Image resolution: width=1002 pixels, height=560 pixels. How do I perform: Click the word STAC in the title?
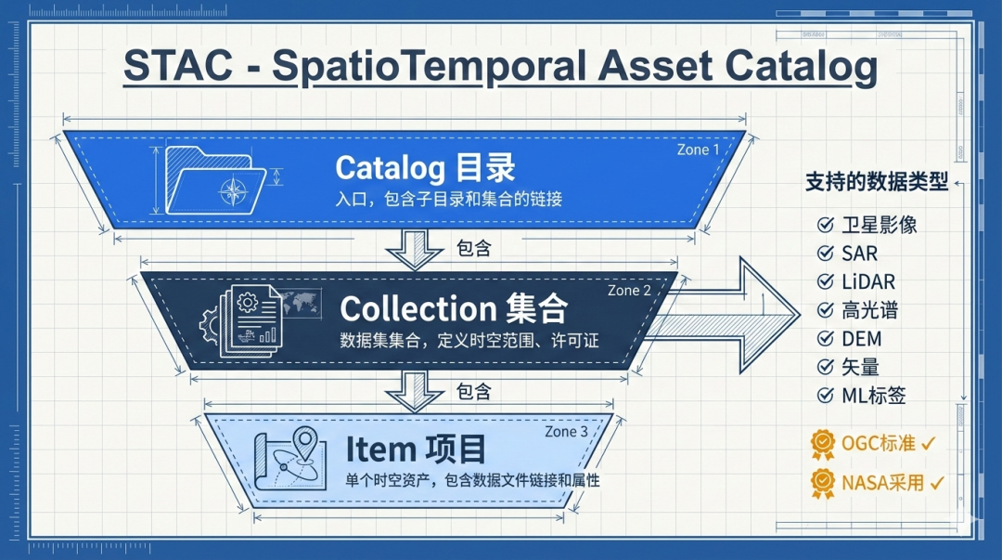178,66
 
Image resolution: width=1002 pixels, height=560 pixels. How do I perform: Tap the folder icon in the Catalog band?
216,180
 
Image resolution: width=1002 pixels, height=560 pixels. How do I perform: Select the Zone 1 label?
698,150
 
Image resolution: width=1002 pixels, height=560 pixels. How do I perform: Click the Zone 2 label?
629,291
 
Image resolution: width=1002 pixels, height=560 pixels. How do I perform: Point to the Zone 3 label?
566,431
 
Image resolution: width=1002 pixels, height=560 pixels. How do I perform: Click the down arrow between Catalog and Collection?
416,250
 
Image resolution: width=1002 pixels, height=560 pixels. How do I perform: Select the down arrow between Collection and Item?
416,392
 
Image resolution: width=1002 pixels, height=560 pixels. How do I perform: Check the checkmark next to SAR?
826,254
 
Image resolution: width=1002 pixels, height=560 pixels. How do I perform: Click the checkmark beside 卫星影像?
826,225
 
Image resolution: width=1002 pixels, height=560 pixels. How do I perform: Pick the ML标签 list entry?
861,396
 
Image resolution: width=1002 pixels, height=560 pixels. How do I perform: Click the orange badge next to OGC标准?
823,444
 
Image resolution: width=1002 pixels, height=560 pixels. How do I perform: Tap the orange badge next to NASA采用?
823,483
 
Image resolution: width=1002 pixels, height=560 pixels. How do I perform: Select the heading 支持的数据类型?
877,182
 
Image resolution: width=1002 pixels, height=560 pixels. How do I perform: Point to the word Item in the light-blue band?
381,449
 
